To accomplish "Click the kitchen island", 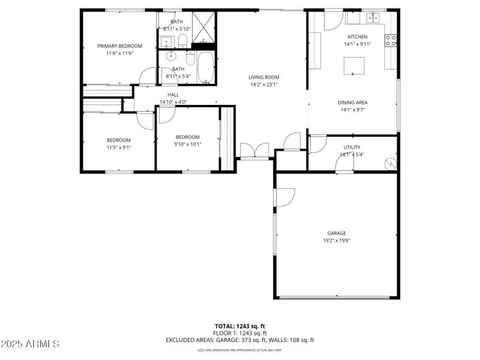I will point(354,65).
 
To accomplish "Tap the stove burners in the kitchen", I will point(391,40).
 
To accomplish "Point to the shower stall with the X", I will point(204,26).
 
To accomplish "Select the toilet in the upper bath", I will point(183,41).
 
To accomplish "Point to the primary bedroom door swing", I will point(146,77).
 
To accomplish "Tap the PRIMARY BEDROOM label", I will point(120,46).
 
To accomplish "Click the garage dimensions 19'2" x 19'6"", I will point(336,241).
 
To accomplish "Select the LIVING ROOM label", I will point(264,77).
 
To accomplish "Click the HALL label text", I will point(173,95).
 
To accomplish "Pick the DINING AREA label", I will point(353,102).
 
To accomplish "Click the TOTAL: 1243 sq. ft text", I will point(240,325).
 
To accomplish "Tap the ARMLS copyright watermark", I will point(30,344).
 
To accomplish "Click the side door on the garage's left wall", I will point(284,198).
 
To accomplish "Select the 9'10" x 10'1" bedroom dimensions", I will point(187,144).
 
